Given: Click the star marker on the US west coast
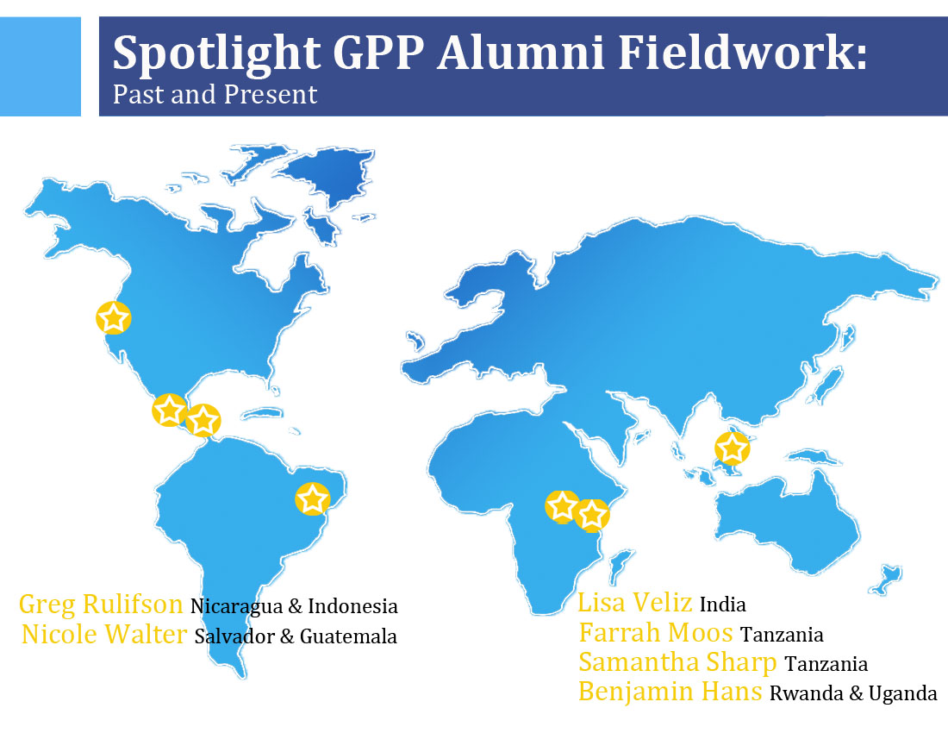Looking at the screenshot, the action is pyautogui.click(x=114, y=317).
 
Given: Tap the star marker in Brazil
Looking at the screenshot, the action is pyautogui.click(x=313, y=499).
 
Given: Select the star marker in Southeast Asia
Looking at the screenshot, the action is pyautogui.click(x=733, y=448).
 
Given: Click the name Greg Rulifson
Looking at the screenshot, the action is pyautogui.click(x=101, y=605).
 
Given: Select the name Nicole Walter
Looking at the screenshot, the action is pyautogui.click(x=104, y=635).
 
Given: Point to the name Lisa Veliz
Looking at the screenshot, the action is pyautogui.click(x=635, y=603).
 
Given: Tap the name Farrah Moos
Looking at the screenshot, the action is pyautogui.click(x=656, y=633).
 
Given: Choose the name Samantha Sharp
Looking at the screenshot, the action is pyautogui.click(x=677, y=663).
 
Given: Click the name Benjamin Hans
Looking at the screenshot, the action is pyautogui.click(x=670, y=692).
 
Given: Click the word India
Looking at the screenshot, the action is pyautogui.click(x=722, y=605).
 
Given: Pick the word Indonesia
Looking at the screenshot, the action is pyautogui.click(x=352, y=606).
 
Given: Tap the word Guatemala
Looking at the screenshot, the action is pyautogui.click(x=348, y=636).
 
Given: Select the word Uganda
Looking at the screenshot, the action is pyautogui.click(x=902, y=693).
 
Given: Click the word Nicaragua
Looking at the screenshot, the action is pyautogui.click(x=236, y=606).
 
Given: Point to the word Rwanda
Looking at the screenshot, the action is pyautogui.click(x=807, y=693).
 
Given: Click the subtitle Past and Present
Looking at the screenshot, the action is pyautogui.click(x=215, y=95).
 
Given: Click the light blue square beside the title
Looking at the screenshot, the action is pyautogui.click(x=41, y=66).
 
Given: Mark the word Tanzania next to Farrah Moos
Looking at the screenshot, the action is pyautogui.click(x=782, y=635).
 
